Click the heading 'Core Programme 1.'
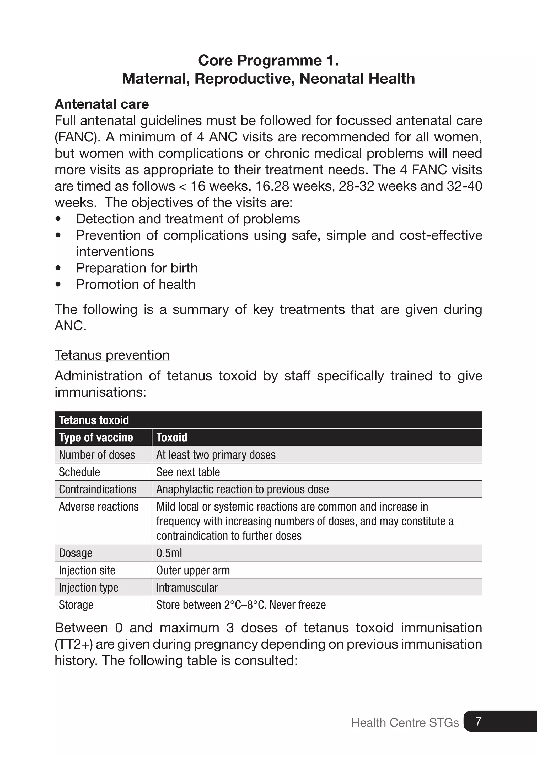click(268, 61)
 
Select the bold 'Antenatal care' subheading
click(101, 104)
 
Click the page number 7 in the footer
click(478, 721)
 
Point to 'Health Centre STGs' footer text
click(405, 723)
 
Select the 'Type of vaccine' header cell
click(96, 438)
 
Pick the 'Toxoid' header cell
click(172, 438)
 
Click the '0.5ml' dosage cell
click(169, 553)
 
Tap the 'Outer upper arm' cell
click(193, 570)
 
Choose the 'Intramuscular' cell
click(187, 587)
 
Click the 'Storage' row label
click(76, 605)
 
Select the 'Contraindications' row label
click(98, 489)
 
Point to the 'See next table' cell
click(188, 472)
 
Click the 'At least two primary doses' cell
click(216, 455)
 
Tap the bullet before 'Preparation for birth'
click(58, 268)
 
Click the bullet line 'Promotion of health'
click(136, 285)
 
